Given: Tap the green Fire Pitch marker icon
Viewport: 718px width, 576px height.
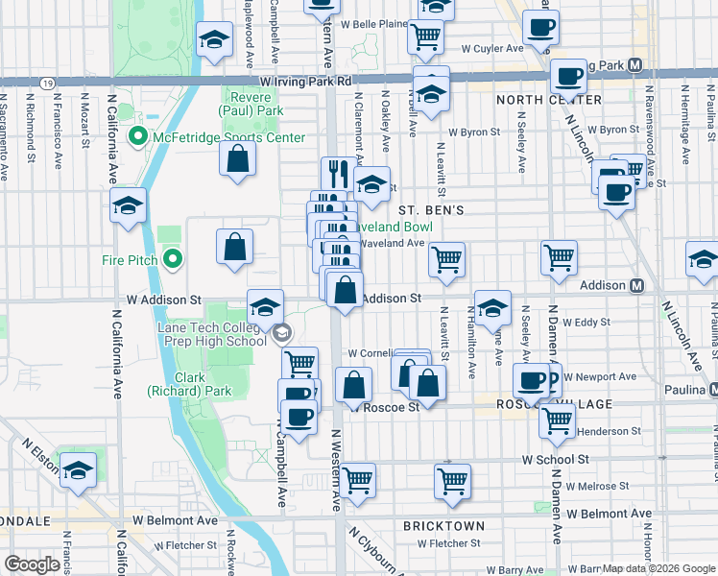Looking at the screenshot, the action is tap(173, 259).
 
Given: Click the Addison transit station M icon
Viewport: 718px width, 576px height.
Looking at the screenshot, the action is tap(636, 285).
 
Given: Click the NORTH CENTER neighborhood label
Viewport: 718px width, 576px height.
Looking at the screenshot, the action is tap(548, 100).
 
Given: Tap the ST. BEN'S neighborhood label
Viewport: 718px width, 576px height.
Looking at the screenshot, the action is tap(431, 209).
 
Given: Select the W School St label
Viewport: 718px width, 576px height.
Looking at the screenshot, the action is tap(556, 460).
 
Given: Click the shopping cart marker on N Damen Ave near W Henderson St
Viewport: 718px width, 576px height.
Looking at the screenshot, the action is tap(557, 420).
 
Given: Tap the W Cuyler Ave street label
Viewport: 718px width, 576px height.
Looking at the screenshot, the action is tap(491, 48).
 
